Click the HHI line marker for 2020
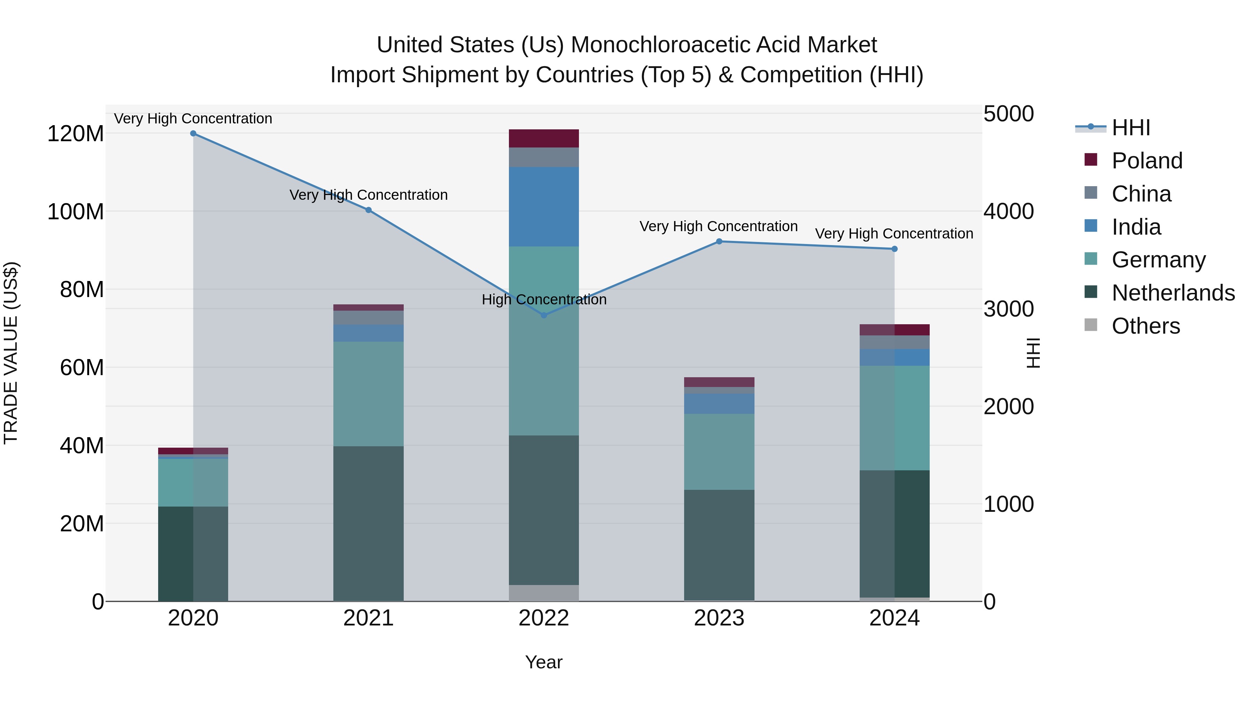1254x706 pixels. pos(193,133)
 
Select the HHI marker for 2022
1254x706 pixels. pos(544,315)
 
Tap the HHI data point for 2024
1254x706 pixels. pos(894,249)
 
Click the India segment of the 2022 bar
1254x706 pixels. pos(544,207)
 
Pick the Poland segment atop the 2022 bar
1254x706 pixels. pos(544,138)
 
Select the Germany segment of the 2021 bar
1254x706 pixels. pos(369,394)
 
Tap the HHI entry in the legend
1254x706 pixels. pos(1130,128)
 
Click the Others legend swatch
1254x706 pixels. pos(1091,325)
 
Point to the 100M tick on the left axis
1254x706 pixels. pos(76,212)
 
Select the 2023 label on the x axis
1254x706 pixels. pos(719,618)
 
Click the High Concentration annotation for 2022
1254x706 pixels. pos(544,299)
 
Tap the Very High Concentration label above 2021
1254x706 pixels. pos(369,195)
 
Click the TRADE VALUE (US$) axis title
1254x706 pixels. pos(11,353)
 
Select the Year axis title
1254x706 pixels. pos(544,662)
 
